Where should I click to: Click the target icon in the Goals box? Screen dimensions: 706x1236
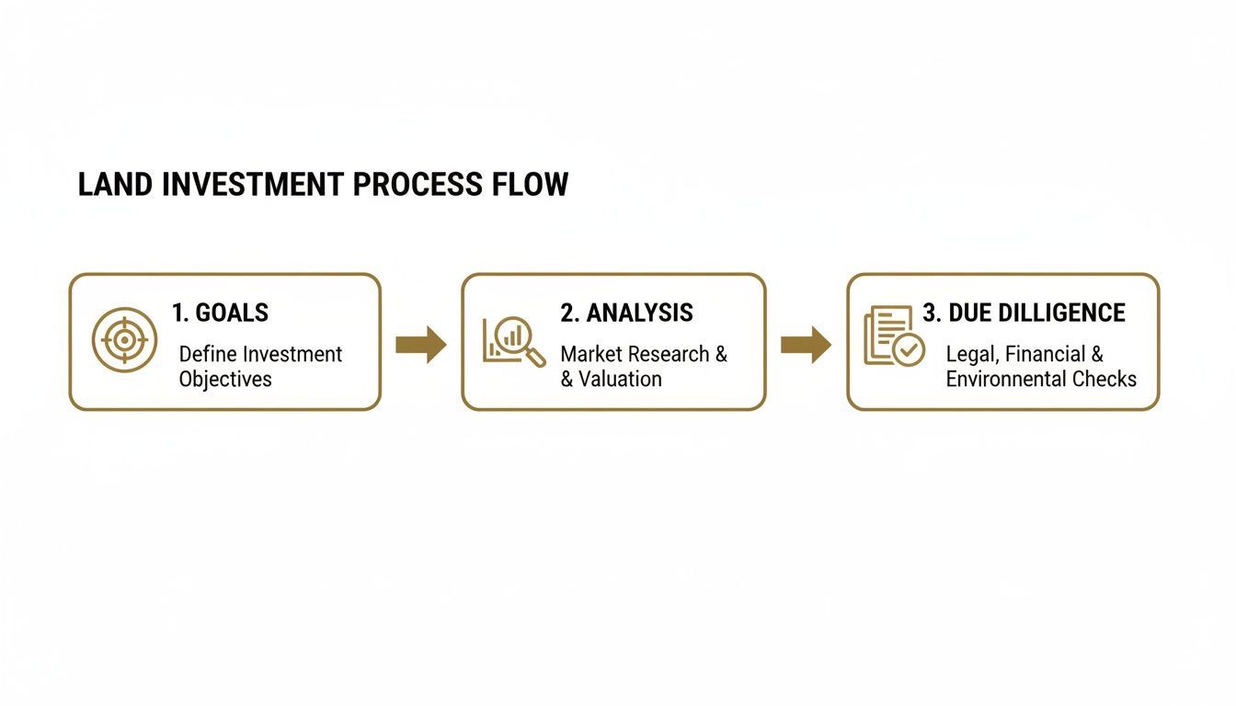point(124,339)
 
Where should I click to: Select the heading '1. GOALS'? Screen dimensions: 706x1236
point(220,313)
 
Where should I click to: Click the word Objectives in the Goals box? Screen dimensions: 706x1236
point(225,379)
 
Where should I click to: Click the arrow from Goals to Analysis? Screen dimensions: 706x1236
point(421,345)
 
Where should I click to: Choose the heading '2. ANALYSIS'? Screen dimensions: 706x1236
point(626,313)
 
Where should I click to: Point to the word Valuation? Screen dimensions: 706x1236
point(620,379)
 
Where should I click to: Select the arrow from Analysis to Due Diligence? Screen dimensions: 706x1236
point(806,345)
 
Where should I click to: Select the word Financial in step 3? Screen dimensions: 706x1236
point(1045,354)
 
